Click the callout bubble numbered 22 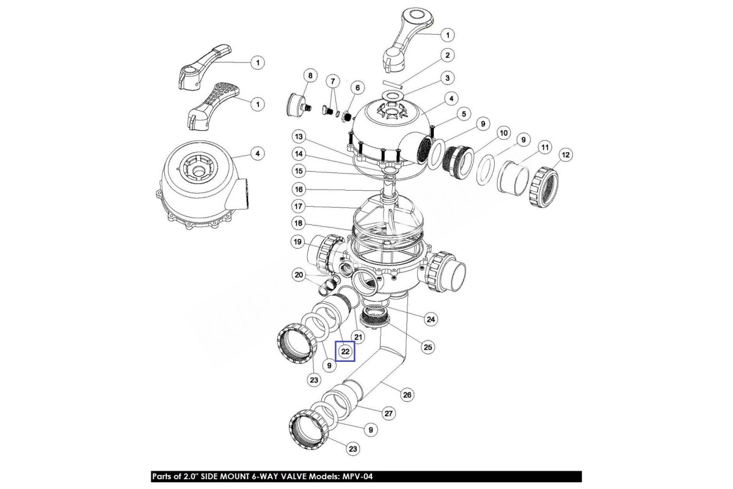point(346,351)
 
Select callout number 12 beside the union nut point(566,155)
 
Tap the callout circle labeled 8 point(310,76)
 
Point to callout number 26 point(407,395)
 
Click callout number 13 point(299,136)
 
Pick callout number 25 point(428,347)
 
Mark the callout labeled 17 point(299,207)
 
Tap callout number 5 point(464,114)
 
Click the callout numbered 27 point(388,413)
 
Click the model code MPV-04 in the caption point(357,476)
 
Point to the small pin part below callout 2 point(392,85)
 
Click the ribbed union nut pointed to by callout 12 point(544,186)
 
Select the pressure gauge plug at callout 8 point(299,105)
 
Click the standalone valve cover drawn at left point(203,185)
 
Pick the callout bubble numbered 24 point(431,319)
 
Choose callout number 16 point(299,189)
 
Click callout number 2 point(447,55)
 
